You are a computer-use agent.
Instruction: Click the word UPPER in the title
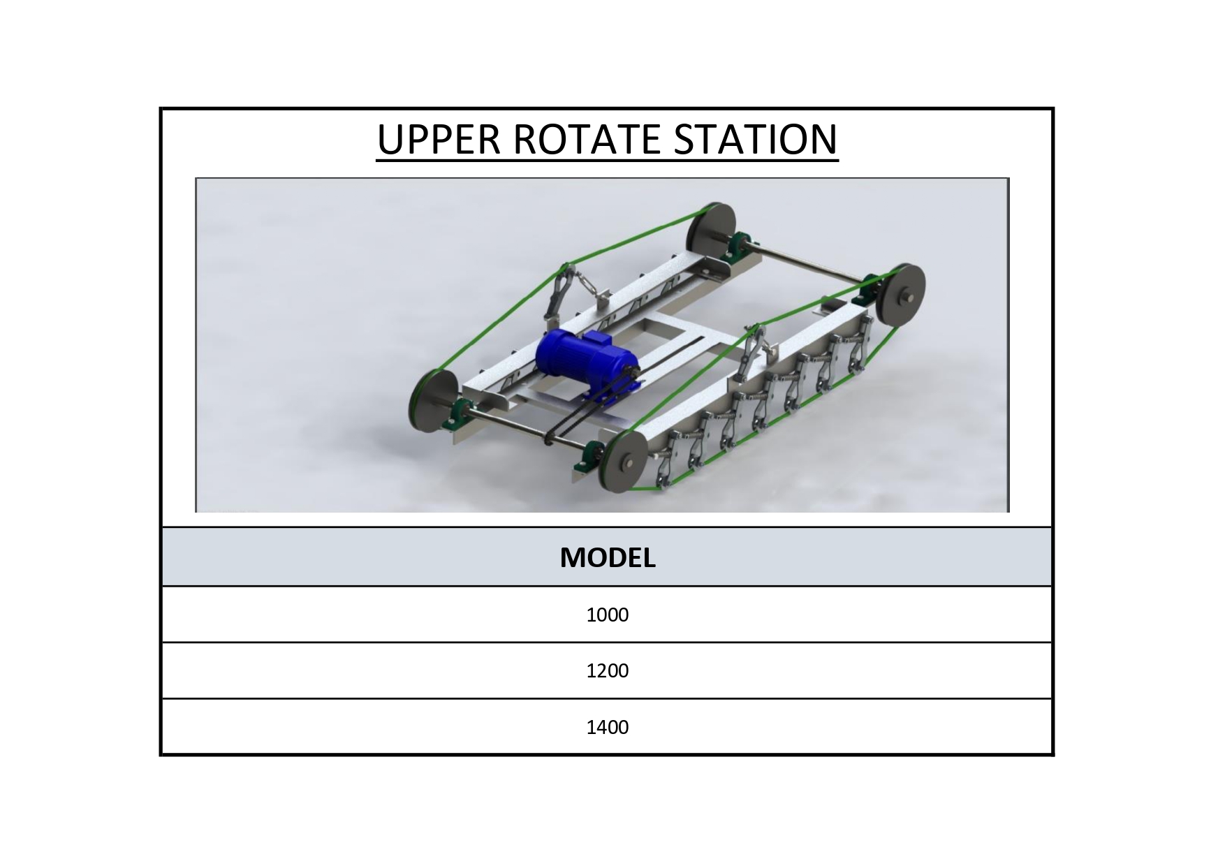tap(438, 139)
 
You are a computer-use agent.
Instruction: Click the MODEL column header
tap(608, 557)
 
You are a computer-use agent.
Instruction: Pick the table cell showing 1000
tap(608, 615)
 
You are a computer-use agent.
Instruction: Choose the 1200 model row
tap(608, 670)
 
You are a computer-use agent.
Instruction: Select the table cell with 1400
tap(608, 727)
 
